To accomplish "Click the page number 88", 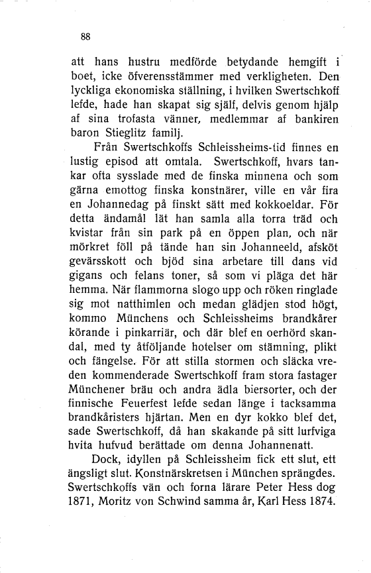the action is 85,36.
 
